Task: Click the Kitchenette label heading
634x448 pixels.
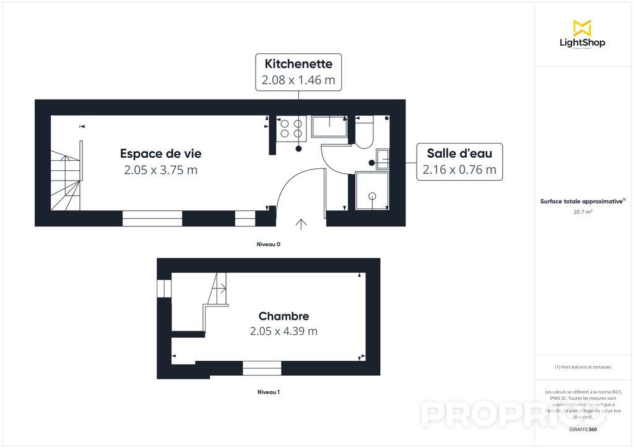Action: point(298,64)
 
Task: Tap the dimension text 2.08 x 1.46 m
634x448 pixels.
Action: point(298,80)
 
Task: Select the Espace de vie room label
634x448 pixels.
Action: point(160,153)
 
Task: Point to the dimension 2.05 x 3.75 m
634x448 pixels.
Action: point(160,170)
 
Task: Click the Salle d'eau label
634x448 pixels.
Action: point(459,153)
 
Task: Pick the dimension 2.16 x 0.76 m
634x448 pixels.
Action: point(459,170)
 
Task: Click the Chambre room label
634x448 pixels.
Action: point(284,316)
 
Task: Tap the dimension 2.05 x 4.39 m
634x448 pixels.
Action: point(284,331)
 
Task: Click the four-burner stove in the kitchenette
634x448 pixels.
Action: point(291,128)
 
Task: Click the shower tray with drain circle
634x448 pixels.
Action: point(372,191)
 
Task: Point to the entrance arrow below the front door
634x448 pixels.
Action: point(302,224)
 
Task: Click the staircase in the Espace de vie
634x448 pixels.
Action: point(66,176)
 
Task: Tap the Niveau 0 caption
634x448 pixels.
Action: point(269,244)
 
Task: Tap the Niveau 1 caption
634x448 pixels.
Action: point(269,392)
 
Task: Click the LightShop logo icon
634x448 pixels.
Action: point(582,28)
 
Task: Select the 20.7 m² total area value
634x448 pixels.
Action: point(582,212)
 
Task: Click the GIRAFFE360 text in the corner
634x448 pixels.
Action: point(583,429)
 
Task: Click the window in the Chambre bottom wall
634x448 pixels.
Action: point(261,369)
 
